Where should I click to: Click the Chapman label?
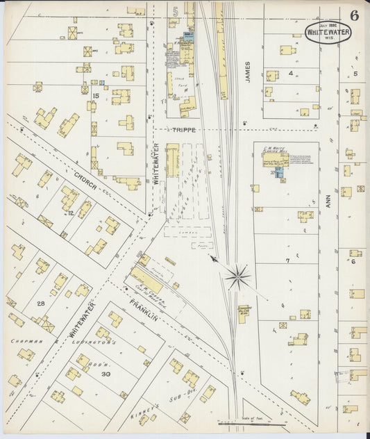pyautogui.click(x=25, y=341)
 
